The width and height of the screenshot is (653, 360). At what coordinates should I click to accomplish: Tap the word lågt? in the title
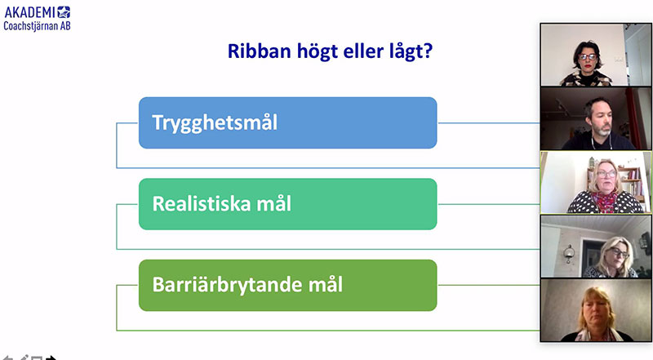(x=411, y=52)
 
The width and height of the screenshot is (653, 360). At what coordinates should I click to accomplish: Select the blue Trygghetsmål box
(x=288, y=123)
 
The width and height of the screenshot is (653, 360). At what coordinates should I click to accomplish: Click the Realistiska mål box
(x=288, y=204)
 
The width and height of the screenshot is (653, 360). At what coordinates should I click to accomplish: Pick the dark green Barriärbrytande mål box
(x=288, y=286)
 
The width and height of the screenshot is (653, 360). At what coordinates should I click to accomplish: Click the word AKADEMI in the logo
(x=29, y=12)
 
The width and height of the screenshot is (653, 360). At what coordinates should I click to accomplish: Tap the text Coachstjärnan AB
(x=37, y=26)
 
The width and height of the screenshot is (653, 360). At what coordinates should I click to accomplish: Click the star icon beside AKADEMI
(x=64, y=12)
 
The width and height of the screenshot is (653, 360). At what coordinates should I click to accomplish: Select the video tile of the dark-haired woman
(x=596, y=55)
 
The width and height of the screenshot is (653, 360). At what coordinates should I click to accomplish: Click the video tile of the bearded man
(x=596, y=118)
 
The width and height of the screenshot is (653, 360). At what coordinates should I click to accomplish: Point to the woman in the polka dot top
(x=605, y=188)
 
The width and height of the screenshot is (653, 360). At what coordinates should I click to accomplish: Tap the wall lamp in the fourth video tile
(x=568, y=252)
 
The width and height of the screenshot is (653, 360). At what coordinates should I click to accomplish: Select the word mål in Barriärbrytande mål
(x=325, y=285)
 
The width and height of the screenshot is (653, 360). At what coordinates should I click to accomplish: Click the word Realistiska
(x=201, y=204)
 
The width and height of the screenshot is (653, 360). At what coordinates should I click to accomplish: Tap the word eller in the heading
(x=363, y=51)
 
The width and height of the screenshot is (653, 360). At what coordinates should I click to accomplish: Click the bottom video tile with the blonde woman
(x=596, y=310)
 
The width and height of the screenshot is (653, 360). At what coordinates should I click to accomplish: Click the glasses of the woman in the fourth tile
(x=619, y=252)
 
